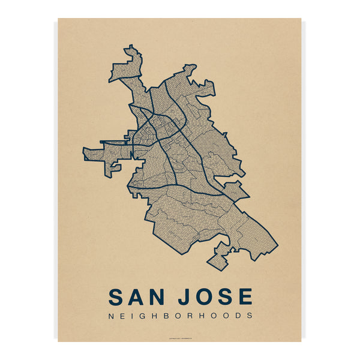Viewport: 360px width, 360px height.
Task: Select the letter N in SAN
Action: [x=158, y=297]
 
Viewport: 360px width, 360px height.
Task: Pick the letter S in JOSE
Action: [x=223, y=297]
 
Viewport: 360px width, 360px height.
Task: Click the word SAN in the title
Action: [x=137, y=297]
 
